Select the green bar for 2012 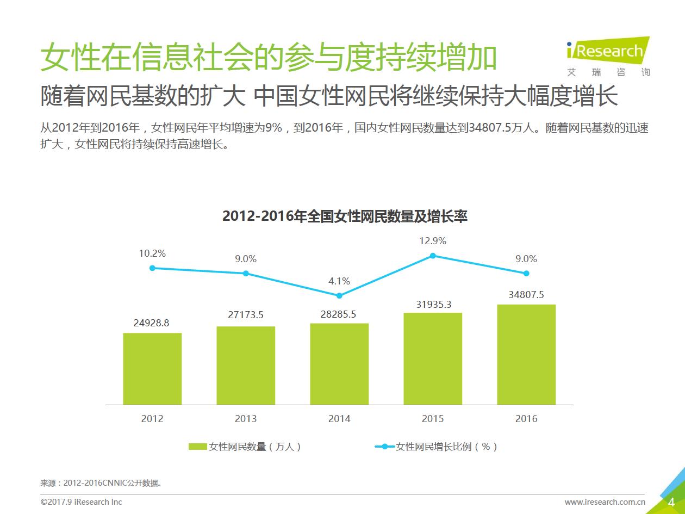(152, 369)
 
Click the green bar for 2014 (339, 364)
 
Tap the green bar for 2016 (526, 355)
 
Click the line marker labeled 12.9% (433, 255)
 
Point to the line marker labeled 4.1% (339, 295)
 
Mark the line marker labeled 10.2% (152, 268)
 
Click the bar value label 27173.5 (246, 315)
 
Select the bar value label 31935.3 (434, 305)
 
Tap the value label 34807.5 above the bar (526, 295)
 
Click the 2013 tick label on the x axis (246, 419)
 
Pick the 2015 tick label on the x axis (433, 419)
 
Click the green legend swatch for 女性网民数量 (198, 447)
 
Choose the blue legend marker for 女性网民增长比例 (385, 447)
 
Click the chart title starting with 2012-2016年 (345, 216)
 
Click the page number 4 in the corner (671, 501)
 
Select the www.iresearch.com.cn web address (605, 502)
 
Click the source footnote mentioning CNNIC (101, 482)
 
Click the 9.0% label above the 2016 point (526, 259)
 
